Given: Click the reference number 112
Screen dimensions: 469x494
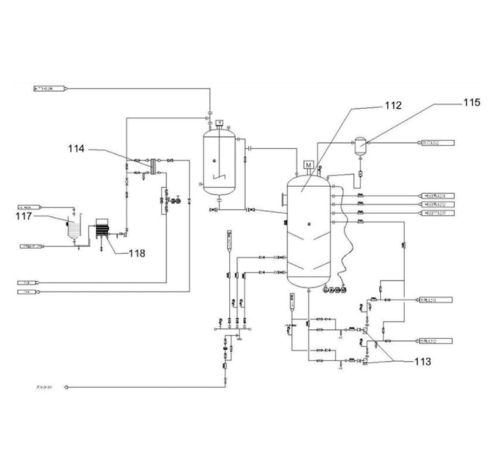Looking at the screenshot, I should point(393,105).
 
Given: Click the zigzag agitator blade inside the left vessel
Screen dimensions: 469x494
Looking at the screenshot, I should point(218,177).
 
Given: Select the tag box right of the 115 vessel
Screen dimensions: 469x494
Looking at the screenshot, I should point(438,143).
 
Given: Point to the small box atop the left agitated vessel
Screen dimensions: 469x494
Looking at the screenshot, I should point(220,122).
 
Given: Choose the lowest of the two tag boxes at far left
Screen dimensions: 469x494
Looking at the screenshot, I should point(27,292).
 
